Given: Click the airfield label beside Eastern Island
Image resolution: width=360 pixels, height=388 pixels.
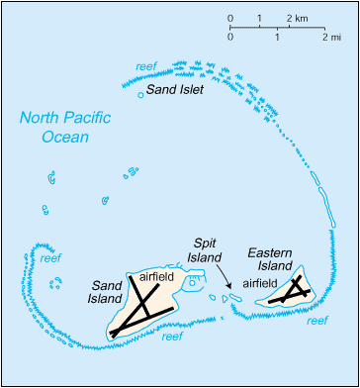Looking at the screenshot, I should click(261, 281).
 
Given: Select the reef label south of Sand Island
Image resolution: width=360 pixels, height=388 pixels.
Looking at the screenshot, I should click(171, 337).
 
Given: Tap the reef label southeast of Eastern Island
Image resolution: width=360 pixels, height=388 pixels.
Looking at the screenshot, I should click(316, 320).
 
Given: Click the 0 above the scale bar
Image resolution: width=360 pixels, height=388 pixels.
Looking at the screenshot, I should click(230, 19).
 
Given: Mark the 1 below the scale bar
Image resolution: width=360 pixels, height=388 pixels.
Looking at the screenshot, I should click(278, 37).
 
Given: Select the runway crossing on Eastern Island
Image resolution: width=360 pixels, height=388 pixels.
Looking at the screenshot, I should click(292, 288).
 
